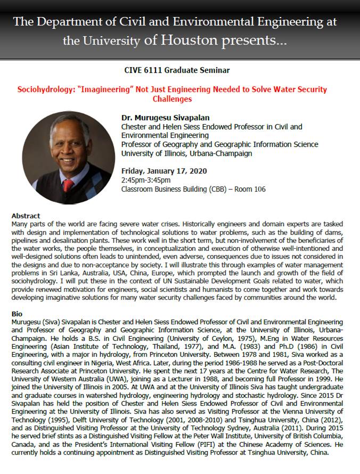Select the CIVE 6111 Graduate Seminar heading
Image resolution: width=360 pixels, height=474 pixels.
click(x=179, y=70)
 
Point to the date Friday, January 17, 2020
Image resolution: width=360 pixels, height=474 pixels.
click(x=161, y=171)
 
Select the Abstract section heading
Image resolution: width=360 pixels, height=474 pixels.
click(x=26, y=216)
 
